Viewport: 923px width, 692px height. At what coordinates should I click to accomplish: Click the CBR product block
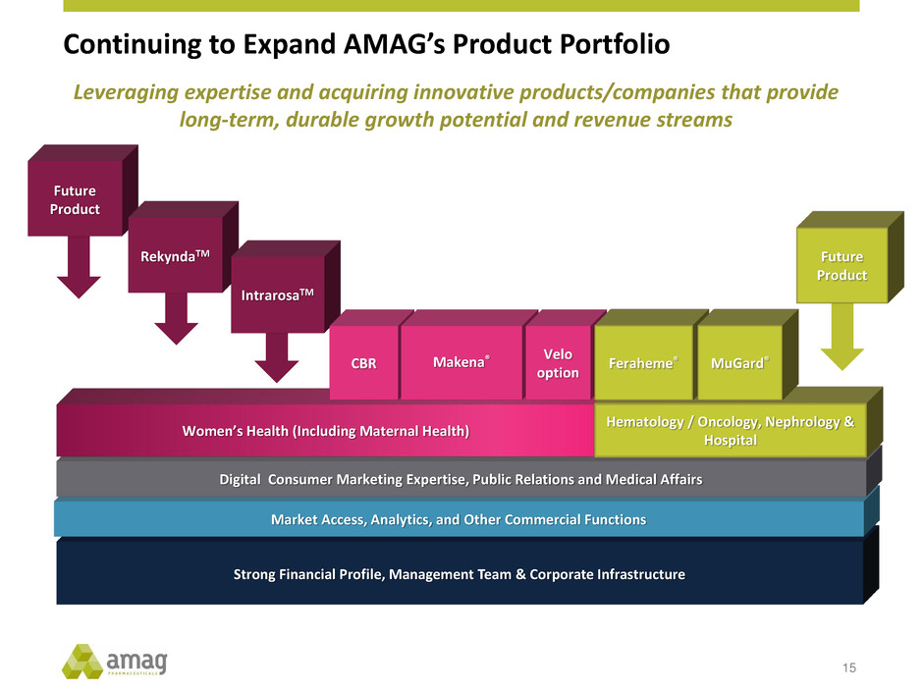tap(363, 362)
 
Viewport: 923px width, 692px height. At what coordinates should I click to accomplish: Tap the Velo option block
tap(558, 362)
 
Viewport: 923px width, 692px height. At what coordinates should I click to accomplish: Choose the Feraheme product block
tap(643, 362)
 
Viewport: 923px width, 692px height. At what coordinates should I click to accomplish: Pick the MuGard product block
tap(739, 362)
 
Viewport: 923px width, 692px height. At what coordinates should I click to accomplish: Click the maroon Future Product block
tap(75, 201)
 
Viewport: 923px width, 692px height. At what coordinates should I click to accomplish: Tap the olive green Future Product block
tap(842, 267)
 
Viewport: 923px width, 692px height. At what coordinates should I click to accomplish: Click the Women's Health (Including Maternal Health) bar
tap(324, 431)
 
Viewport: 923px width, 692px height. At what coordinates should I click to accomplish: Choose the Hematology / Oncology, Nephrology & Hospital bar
tap(730, 431)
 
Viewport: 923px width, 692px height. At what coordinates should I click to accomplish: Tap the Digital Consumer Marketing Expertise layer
tap(460, 479)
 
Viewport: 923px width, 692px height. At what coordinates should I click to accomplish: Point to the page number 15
tap(848, 668)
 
